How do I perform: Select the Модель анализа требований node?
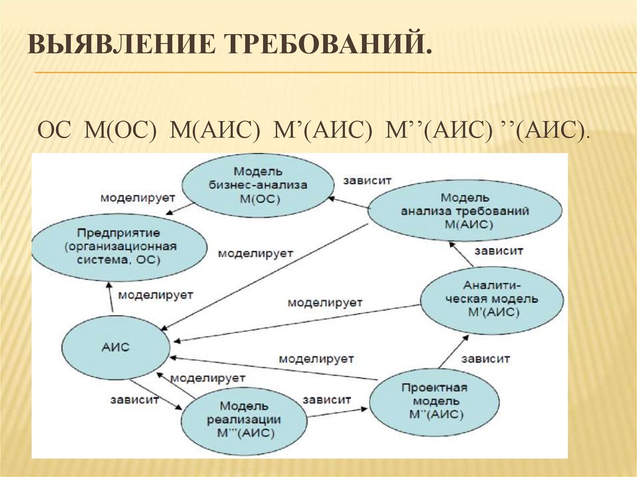(x=465, y=212)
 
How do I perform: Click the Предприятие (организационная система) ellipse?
(x=119, y=246)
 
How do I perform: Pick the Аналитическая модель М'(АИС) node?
(x=492, y=299)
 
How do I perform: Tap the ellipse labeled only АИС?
(x=116, y=347)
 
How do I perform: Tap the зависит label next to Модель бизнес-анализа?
(x=366, y=180)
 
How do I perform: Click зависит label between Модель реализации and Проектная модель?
(x=327, y=399)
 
